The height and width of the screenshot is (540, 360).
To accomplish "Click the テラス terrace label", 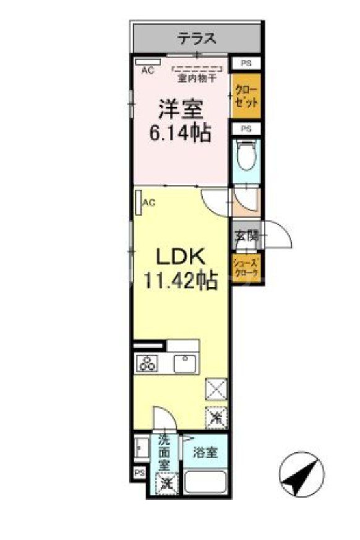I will [x=197, y=39].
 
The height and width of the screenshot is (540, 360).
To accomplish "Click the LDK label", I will [x=179, y=255].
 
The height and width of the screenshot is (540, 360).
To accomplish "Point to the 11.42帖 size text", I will [x=180, y=281].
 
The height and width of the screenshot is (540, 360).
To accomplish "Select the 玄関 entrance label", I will [x=244, y=235].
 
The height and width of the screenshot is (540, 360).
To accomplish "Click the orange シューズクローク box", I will [x=246, y=269].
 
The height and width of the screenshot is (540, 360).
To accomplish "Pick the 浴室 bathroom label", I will [x=205, y=452].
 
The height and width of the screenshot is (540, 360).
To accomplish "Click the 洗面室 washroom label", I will [x=164, y=451].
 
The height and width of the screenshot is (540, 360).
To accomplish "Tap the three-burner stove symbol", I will [x=149, y=363].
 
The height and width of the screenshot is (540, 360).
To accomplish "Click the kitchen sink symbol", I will [x=184, y=363].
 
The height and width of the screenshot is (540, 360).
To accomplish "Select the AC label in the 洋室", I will [x=147, y=71].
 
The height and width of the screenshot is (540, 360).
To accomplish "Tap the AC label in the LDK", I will [x=149, y=202].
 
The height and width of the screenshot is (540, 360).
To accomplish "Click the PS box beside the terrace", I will [x=246, y=63].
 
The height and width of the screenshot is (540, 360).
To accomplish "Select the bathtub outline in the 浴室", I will [x=205, y=481].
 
